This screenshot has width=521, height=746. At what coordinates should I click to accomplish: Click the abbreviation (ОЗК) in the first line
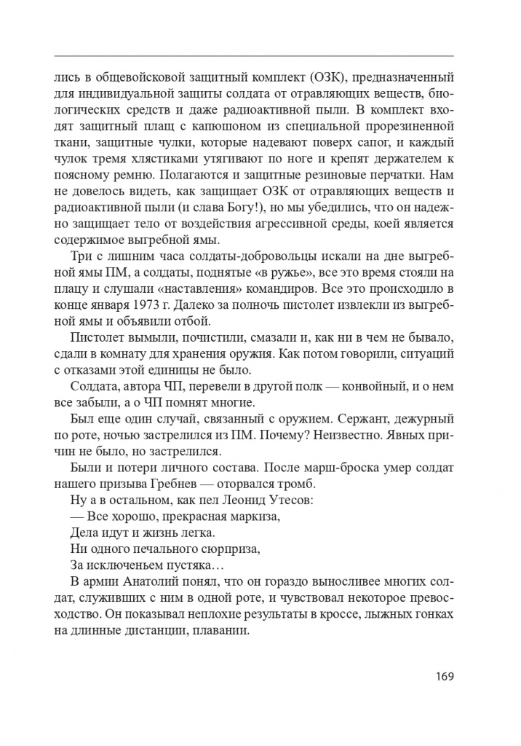click(331, 76)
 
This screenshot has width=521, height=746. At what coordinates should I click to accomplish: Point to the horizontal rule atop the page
click(254, 55)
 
